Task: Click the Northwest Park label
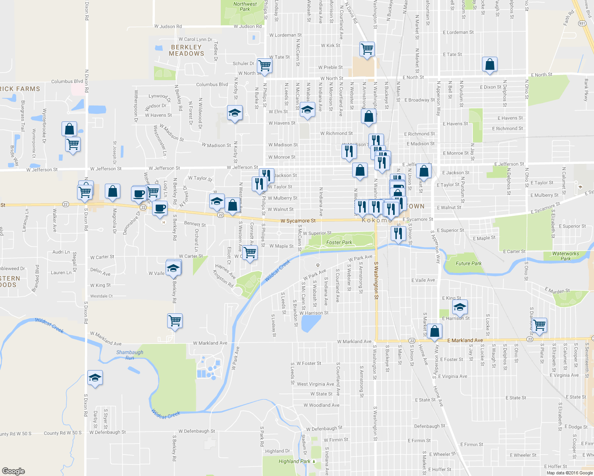(x=245, y=6)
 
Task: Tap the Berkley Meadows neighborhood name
(x=186, y=50)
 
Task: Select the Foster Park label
(x=339, y=242)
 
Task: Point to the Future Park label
(x=469, y=263)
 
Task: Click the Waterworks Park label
(x=565, y=256)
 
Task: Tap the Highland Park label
(x=294, y=461)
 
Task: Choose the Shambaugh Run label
(x=130, y=355)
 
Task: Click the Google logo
(x=13, y=471)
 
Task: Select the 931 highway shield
(x=582, y=23)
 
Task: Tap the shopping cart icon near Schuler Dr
(x=264, y=65)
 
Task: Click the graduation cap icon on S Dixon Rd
(x=95, y=378)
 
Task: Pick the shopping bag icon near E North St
(x=490, y=64)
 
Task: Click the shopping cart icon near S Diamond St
(x=540, y=325)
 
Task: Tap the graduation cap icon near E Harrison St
(x=459, y=307)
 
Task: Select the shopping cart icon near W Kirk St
(x=367, y=49)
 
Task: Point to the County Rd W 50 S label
(x=62, y=433)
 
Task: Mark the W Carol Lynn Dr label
(x=195, y=39)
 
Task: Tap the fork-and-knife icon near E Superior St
(x=397, y=233)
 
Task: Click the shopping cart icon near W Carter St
(x=250, y=252)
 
